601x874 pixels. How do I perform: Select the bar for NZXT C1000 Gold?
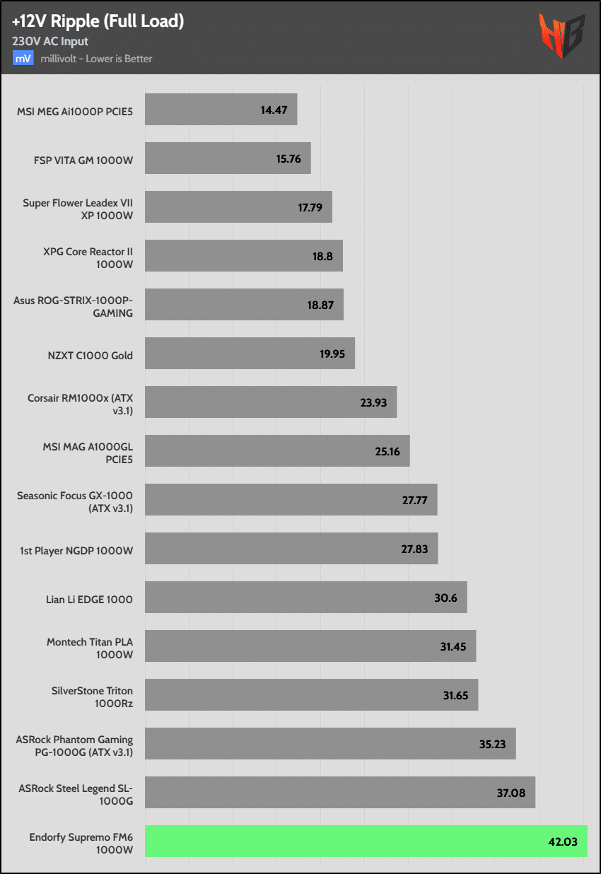pos(250,354)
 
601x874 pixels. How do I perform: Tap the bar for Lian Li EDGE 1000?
pos(305,598)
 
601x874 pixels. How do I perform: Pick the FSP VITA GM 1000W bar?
pos(228,158)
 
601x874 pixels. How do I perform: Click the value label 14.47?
pos(273,110)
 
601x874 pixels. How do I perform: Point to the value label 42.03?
pos(563,841)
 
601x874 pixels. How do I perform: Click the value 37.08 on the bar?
pos(510,793)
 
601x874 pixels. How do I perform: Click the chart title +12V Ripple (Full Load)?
pos(98,21)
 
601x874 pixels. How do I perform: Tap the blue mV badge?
pos(23,59)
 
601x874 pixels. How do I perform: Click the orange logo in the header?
pos(561,35)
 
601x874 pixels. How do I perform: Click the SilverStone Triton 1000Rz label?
pos(92,696)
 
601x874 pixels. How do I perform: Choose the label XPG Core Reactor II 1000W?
pos(88,257)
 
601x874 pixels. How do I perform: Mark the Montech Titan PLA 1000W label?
pos(90,647)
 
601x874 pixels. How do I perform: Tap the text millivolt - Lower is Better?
pos(96,59)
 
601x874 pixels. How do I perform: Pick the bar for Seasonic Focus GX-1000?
pos(291,500)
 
